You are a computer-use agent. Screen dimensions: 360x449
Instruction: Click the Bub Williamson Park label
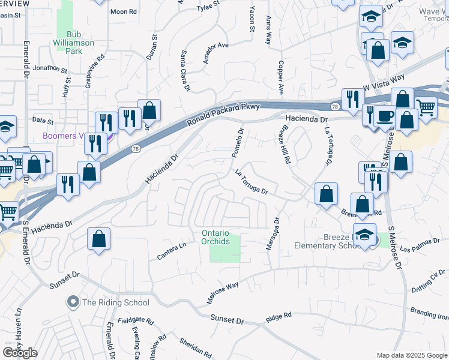point(81,43)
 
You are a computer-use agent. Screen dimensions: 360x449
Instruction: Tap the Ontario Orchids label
point(215,237)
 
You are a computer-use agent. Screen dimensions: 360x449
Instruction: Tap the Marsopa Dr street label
point(273,235)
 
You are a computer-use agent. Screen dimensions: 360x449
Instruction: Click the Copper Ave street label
point(280,77)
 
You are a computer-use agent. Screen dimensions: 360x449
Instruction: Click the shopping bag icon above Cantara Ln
point(99,238)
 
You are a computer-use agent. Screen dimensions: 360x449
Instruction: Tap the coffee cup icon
point(385,116)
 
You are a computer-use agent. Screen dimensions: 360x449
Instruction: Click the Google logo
point(20,353)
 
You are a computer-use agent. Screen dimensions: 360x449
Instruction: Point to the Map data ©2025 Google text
point(412,355)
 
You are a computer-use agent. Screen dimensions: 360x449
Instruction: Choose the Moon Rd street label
point(123,11)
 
